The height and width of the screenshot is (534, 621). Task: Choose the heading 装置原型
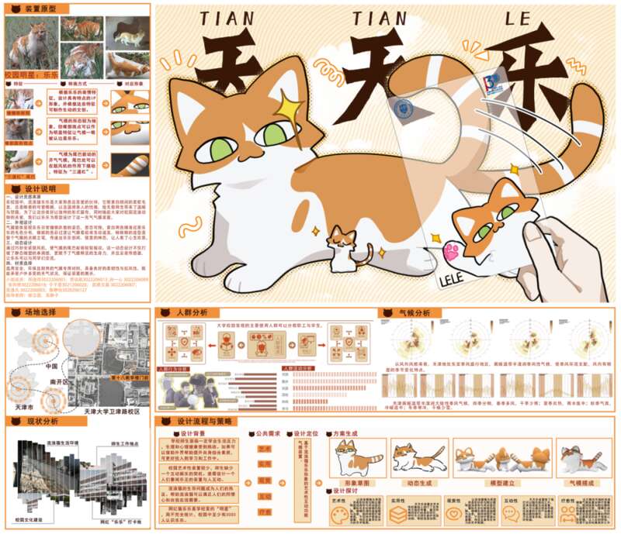pyautogui.click(x=40, y=9)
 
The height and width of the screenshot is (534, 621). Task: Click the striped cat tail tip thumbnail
pyautogui.click(x=130, y=164)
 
